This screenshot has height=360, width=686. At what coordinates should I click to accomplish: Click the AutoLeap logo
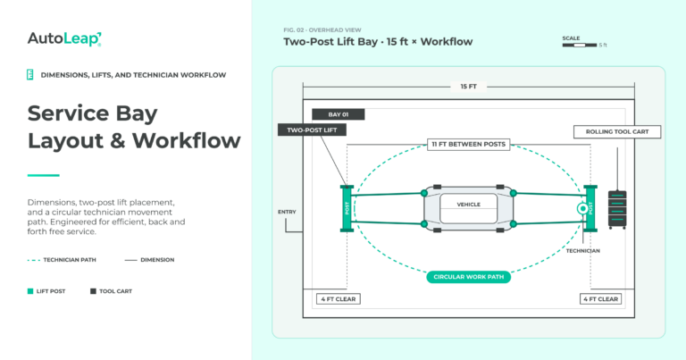(64, 39)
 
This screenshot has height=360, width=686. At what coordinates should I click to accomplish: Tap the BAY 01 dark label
(339, 114)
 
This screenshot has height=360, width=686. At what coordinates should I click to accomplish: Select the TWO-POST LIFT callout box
(312, 130)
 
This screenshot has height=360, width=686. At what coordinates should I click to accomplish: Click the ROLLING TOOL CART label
(617, 131)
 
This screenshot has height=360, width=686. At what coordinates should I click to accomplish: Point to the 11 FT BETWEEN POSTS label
(469, 145)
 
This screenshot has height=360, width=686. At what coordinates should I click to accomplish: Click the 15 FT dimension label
(469, 87)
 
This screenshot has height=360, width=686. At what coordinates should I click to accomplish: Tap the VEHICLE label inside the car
(469, 205)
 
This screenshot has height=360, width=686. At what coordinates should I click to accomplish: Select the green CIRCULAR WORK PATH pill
(469, 277)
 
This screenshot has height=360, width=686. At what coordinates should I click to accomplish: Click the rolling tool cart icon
(617, 210)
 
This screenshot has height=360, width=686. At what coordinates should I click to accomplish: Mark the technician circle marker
(582, 209)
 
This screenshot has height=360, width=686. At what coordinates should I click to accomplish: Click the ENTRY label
(287, 212)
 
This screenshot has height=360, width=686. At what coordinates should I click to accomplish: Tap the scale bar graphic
(580, 45)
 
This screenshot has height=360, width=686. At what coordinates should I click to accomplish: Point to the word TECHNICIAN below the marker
(583, 251)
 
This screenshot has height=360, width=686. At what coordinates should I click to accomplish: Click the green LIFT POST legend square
(30, 291)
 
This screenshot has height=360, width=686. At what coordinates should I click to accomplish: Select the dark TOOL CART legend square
(93, 291)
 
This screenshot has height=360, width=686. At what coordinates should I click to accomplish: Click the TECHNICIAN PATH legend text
(70, 260)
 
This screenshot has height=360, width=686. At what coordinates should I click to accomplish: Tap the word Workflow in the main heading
(187, 141)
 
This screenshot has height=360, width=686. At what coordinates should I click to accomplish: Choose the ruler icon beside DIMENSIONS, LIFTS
(30, 75)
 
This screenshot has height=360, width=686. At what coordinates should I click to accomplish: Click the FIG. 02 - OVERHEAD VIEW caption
(322, 30)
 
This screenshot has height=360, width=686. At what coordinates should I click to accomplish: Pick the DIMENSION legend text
(157, 260)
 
